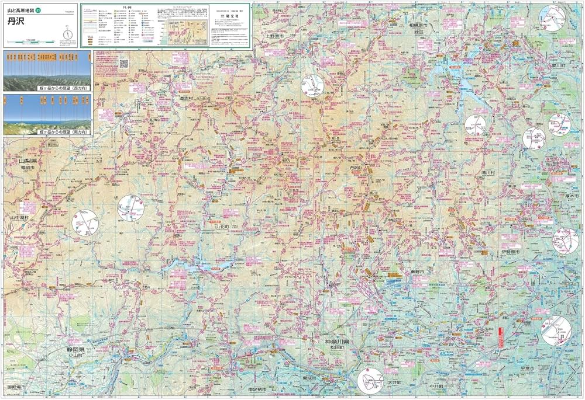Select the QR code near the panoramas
click(123, 63)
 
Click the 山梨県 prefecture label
click(27, 161)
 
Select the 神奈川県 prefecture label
click(337, 341)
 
